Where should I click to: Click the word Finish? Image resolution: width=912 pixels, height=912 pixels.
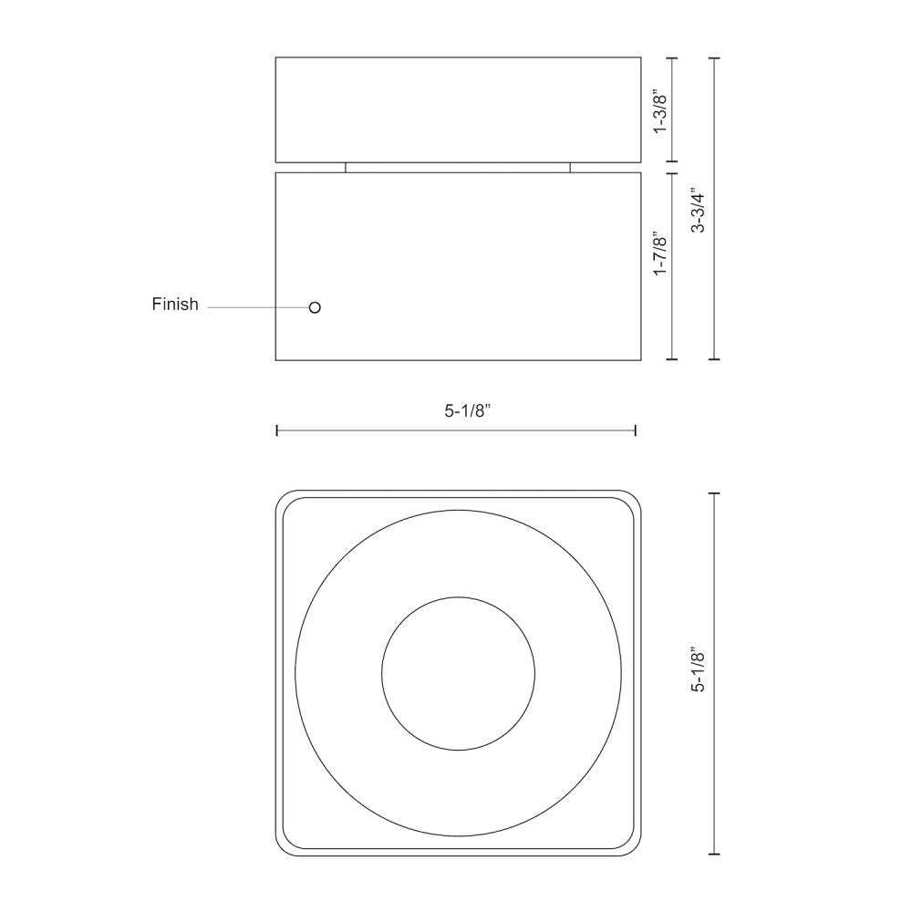174,305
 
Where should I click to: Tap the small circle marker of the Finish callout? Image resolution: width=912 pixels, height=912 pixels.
315,307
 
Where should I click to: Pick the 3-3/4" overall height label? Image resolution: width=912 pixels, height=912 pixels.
699,211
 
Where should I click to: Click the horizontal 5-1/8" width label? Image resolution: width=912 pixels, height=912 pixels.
469,411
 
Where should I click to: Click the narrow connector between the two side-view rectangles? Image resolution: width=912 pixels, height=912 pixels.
457,168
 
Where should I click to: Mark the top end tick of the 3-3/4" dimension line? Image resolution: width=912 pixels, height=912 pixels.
714,58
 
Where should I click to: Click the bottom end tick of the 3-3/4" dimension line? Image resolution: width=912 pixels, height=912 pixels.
714,359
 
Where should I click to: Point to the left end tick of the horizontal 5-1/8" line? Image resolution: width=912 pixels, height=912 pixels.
277,430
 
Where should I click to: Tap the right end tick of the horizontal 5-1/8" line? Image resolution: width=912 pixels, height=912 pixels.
635,430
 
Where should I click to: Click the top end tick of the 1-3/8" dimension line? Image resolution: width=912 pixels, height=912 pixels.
672,58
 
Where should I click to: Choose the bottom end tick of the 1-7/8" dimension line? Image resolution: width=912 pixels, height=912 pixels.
672,359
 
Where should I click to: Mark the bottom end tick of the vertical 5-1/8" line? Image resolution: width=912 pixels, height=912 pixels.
714,854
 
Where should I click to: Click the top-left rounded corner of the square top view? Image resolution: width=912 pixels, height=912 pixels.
283,498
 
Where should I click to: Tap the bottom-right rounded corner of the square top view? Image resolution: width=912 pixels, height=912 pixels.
634,849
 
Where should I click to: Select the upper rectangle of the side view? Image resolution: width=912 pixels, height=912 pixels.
458,110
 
